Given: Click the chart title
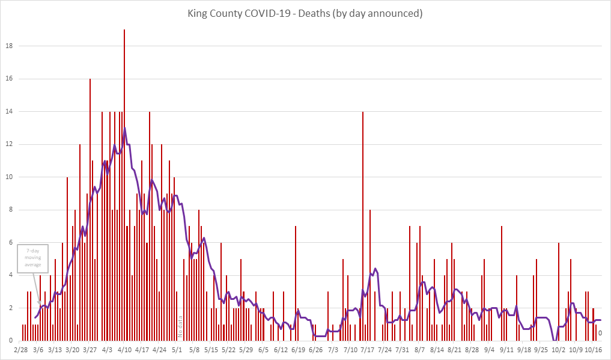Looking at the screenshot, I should (305, 13).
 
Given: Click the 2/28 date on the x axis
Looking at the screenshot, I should (21, 349).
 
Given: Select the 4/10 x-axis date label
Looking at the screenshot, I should (124, 349).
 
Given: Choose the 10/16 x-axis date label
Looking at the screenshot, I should (594, 349).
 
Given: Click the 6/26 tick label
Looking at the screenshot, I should (315, 349).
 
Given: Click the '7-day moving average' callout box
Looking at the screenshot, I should (33, 259).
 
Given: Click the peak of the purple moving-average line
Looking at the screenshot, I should (124, 128).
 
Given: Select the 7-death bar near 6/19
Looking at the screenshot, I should (296, 282).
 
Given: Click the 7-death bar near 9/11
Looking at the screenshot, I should (502, 282).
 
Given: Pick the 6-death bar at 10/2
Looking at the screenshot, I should (559, 291).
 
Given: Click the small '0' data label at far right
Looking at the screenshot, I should (600, 333).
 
